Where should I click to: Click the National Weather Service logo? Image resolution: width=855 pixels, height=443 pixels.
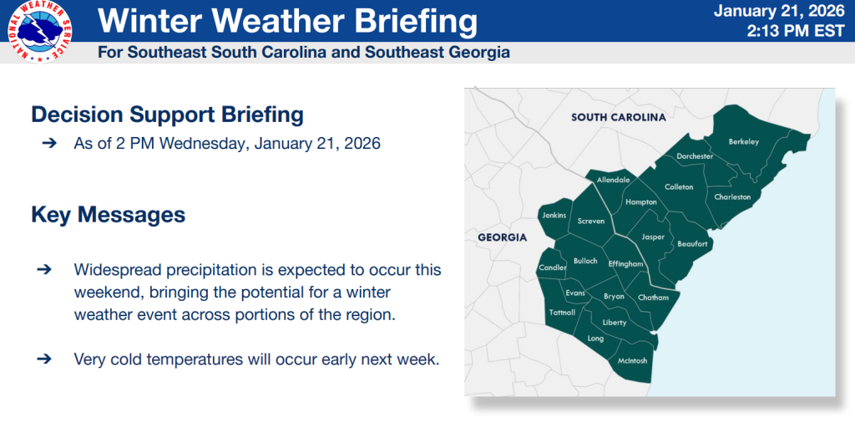[40, 32]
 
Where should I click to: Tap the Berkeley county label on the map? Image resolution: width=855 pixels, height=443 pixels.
[744, 142]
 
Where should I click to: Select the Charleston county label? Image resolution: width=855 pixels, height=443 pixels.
[732, 197]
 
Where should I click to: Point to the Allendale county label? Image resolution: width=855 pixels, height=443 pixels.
[614, 180]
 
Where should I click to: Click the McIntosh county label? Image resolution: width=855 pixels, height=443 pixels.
[633, 360]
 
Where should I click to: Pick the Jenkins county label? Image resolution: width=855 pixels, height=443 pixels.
[554, 216]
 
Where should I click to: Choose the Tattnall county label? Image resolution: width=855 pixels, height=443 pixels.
[562, 313]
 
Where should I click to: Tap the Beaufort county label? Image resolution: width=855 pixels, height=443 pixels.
[692, 244]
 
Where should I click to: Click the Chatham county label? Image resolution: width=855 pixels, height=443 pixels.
[653, 298]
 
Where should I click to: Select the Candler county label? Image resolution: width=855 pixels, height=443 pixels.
[553, 267]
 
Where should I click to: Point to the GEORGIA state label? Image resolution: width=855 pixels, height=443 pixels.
[502, 238]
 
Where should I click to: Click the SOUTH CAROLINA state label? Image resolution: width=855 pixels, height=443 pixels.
[619, 117]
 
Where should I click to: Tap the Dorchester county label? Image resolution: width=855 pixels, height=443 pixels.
[695, 156]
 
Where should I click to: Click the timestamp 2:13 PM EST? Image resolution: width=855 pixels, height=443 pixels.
[796, 31]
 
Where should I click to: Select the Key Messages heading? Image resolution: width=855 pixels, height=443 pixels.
[108, 215]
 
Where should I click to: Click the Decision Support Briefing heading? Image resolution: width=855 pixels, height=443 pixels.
[167, 115]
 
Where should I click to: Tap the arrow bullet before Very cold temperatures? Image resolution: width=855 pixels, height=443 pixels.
[44, 359]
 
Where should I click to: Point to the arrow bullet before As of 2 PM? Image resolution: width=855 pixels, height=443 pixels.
[49, 144]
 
